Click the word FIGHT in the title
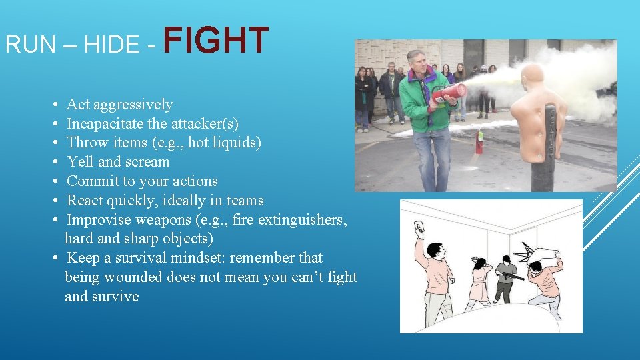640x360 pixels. click(x=215, y=41)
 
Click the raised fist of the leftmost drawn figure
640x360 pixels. click(x=419, y=226)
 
